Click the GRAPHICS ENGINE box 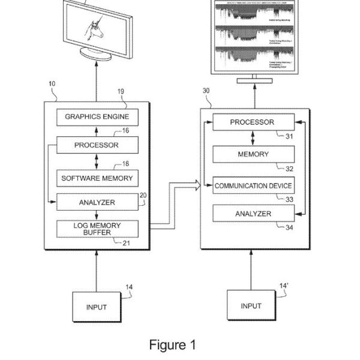click(x=97, y=116)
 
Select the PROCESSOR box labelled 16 click(x=97, y=145)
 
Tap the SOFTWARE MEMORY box click(x=97, y=178)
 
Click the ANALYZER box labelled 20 click(x=97, y=203)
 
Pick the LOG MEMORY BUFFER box click(x=97, y=229)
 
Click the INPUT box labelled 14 click(x=96, y=307)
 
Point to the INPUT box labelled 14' click(x=251, y=306)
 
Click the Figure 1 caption click(x=173, y=345)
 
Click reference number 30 click(x=206, y=91)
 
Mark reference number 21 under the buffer click(x=125, y=243)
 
